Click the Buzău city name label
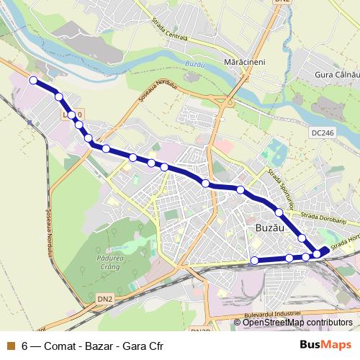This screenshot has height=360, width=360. [271, 227]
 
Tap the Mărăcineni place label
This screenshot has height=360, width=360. [246, 63]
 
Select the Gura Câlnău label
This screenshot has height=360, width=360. [337, 75]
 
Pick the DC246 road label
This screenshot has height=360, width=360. [323, 133]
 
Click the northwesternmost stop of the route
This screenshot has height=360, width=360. [32, 80]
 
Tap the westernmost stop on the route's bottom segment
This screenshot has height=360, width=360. [255, 260]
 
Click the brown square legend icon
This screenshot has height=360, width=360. [9, 345]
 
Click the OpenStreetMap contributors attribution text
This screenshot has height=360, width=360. [298, 323]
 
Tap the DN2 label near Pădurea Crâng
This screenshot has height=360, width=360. [105, 298]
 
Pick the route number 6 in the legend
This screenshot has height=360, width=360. [25, 345]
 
